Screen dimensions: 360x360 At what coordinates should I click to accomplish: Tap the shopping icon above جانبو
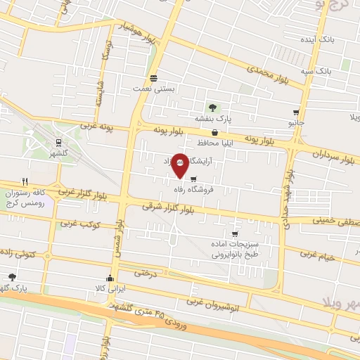pyautogui.click(x=296, y=112)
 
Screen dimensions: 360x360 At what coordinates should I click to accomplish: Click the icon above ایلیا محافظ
pyautogui.click(x=214, y=131)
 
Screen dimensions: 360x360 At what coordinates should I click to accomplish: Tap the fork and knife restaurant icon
pyautogui.click(x=25, y=181)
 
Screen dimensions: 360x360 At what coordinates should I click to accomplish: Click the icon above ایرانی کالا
pyautogui.click(x=109, y=276)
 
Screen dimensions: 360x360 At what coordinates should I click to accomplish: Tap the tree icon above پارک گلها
pyautogui.click(x=12, y=277)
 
